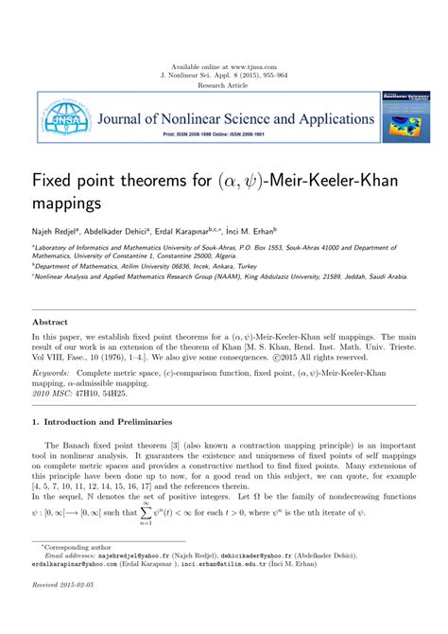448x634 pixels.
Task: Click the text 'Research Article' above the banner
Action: pyautogui.click(x=223, y=84)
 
